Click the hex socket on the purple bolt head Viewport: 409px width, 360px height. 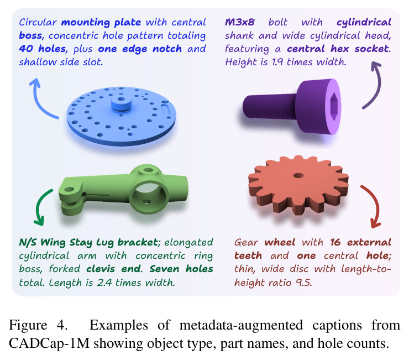pyautogui.click(x=334, y=107)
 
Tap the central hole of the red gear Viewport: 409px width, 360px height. pyautogui.click(x=298, y=175)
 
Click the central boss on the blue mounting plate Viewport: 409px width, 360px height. pyautogui.click(x=121, y=103)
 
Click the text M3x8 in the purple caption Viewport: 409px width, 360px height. pyautogui.click(x=240, y=22)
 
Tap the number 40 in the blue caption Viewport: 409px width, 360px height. pyautogui.click(x=25, y=49)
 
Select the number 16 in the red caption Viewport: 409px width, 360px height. pyautogui.click(x=335, y=242)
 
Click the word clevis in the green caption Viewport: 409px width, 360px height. pyautogui.click(x=101, y=269)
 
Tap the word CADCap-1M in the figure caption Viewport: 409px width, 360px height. pyautogui.click(x=49, y=343)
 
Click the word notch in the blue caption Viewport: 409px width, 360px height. pyautogui.click(x=167, y=49)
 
